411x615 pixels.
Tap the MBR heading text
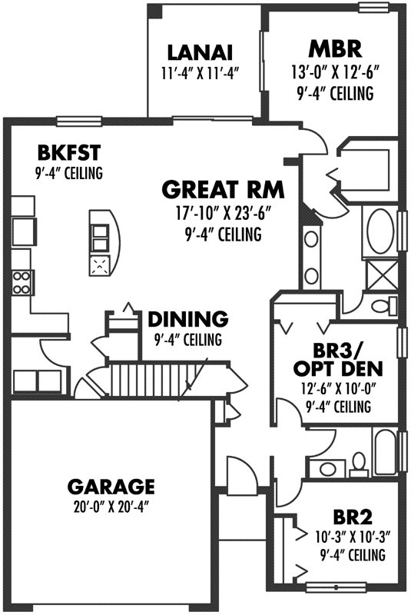coord(334,50)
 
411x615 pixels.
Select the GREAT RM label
coord(223,188)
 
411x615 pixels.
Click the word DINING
coord(187,318)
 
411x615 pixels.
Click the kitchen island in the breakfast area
coord(103,244)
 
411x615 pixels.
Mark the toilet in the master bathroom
coord(382,307)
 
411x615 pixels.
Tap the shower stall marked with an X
coord(376,271)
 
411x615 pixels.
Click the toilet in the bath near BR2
coord(358,461)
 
